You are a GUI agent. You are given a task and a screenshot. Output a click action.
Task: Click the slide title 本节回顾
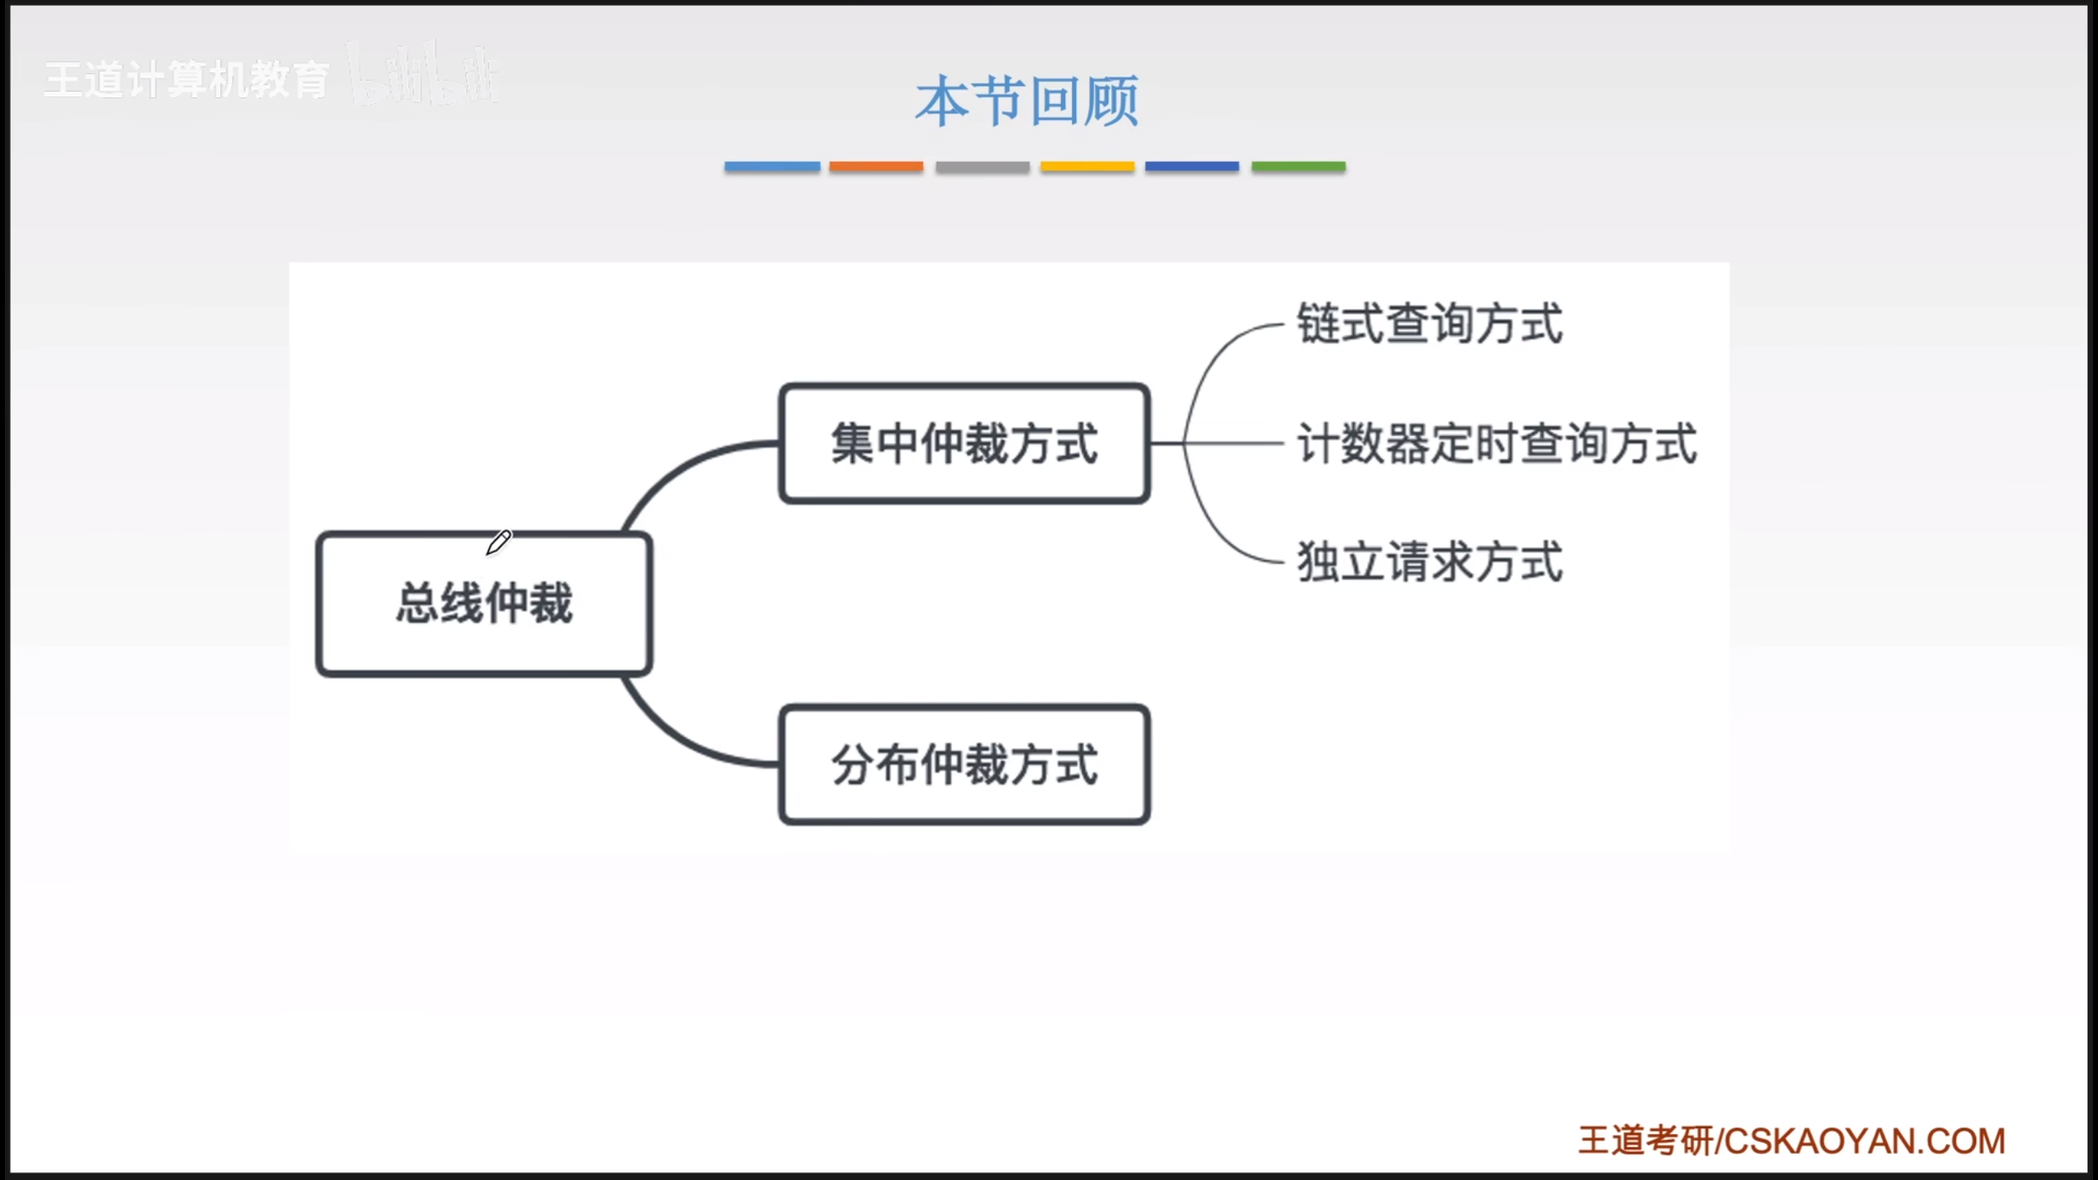click(1027, 102)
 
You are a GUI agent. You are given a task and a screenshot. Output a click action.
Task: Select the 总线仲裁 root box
click(484, 604)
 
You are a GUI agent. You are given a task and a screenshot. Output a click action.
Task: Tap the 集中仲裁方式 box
click(965, 443)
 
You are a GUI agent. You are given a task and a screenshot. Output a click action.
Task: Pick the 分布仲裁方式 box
click(965, 765)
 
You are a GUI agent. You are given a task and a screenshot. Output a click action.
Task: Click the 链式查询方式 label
click(1429, 324)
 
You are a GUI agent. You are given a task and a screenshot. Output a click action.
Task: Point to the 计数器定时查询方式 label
click(1496, 443)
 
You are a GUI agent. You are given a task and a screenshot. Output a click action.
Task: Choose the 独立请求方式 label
click(1429, 562)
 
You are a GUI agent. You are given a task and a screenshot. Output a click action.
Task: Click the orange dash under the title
click(876, 166)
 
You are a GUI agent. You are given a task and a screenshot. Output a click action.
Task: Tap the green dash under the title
click(1298, 166)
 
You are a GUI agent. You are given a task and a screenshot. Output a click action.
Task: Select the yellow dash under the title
click(1088, 166)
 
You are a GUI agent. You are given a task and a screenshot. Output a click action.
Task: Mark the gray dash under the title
click(983, 166)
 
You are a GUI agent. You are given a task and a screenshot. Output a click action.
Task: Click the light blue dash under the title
click(772, 166)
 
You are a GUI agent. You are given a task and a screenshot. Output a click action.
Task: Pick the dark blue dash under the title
click(1192, 166)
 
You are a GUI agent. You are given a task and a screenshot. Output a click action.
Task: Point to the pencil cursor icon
click(498, 542)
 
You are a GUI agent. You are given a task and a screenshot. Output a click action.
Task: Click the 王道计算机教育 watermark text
click(187, 80)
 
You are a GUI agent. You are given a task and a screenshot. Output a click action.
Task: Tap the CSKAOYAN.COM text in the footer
click(1864, 1141)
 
